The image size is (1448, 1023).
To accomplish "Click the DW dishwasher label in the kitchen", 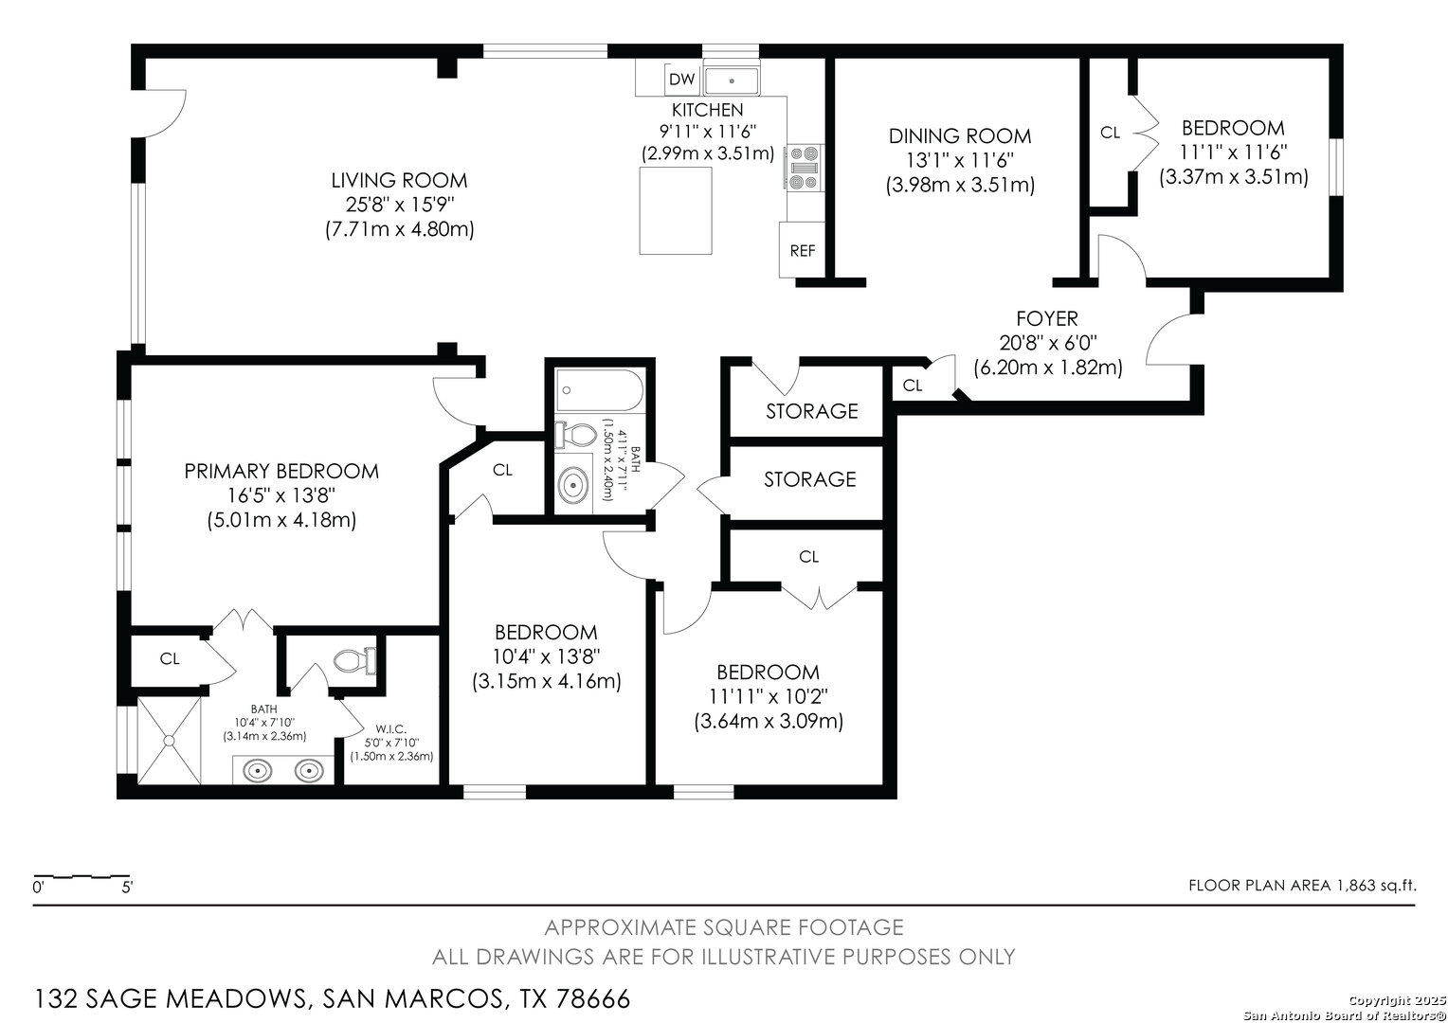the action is click(682, 80).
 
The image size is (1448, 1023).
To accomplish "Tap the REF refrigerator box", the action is click(802, 250).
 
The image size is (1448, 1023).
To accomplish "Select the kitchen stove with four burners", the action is click(805, 168).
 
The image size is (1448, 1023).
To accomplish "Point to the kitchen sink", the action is click(732, 81).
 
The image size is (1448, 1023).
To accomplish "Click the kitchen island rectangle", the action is click(676, 210).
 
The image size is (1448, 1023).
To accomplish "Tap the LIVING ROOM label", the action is click(399, 180).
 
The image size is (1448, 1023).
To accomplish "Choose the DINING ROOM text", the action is click(960, 136).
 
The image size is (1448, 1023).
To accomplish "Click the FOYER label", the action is click(1047, 318).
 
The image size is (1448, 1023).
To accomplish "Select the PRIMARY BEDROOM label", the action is click(281, 471).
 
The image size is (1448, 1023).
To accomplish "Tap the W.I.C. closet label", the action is click(390, 729).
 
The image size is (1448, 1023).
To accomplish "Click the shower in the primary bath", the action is click(170, 740).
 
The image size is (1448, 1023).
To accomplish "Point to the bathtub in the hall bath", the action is click(600, 390).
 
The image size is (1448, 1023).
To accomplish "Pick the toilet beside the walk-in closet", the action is click(354, 660).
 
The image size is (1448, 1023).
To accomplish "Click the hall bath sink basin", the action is click(572, 484).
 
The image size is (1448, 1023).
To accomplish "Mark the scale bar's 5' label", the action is click(127, 888).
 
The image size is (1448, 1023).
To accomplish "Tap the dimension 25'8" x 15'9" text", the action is click(400, 205).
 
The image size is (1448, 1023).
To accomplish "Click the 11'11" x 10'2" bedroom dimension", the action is click(768, 696).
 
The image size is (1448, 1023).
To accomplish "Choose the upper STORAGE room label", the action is click(812, 411).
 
